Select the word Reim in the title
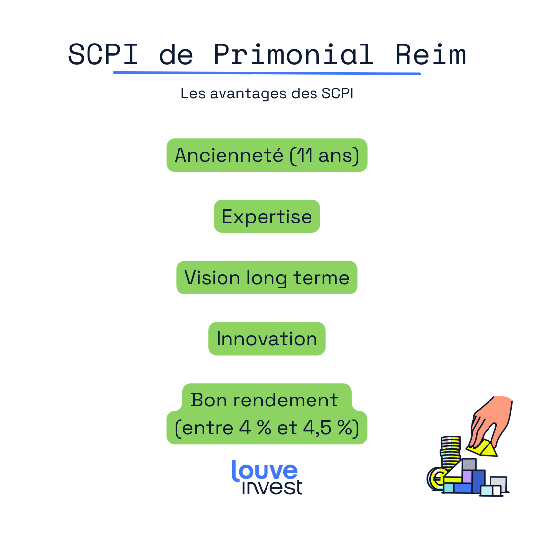431,54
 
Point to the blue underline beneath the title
267,73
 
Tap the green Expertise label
267,217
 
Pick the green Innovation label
267,339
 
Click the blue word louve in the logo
265,471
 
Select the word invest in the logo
272,487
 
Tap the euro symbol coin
437,479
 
